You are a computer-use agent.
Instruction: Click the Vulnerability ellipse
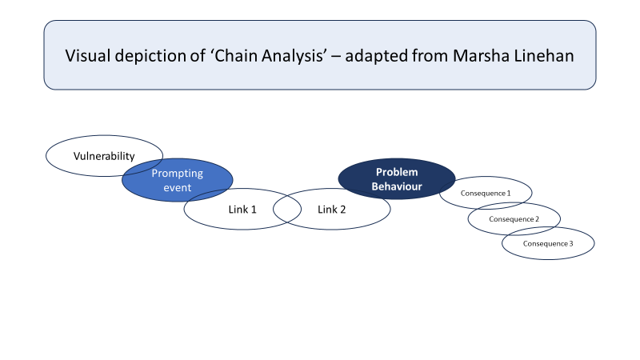click(x=104, y=156)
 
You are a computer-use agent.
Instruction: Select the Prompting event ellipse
click(x=178, y=180)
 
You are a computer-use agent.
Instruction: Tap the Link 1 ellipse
click(x=242, y=209)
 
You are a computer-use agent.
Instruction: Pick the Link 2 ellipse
click(x=332, y=209)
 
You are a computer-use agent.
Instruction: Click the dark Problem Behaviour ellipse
click(x=397, y=178)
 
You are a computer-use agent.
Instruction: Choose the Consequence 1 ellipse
click(x=486, y=193)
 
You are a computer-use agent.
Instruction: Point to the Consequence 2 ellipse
click(x=514, y=218)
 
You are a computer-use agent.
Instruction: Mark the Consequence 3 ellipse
click(x=548, y=243)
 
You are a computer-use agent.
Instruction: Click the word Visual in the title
click(x=87, y=55)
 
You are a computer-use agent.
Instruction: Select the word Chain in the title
click(x=236, y=55)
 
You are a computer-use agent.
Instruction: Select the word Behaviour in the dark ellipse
click(x=397, y=186)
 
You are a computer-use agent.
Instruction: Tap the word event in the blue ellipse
click(x=178, y=188)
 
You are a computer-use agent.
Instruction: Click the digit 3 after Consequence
click(x=571, y=244)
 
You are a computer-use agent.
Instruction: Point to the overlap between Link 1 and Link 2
click(x=287, y=209)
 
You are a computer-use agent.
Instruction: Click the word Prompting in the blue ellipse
click(x=178, y=174)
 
